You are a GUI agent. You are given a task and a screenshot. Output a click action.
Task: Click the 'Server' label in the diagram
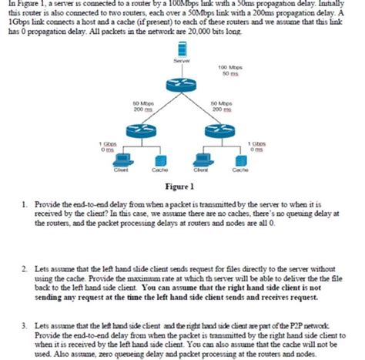[x=182, y=59]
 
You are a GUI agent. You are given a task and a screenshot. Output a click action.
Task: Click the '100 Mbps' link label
[x=229, y=68]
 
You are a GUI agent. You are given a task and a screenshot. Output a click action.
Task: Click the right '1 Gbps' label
[x=258, y=143]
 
